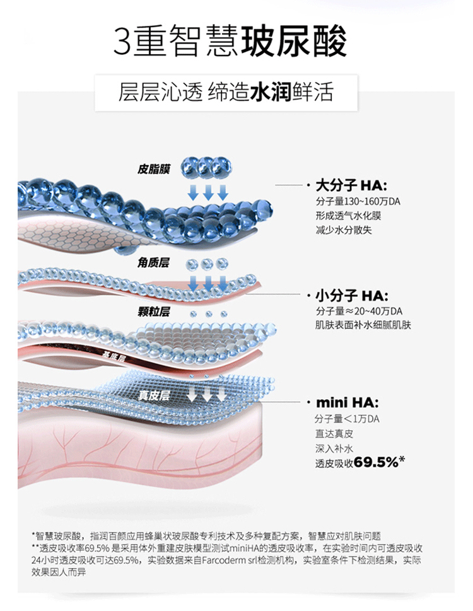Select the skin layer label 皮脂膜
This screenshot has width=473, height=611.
coord(155,169)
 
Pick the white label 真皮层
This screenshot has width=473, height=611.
coord(155,395)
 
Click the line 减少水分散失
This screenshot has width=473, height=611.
coord(344,230)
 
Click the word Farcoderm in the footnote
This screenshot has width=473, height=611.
coord(224,560)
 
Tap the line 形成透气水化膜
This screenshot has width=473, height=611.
coord(348,216)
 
